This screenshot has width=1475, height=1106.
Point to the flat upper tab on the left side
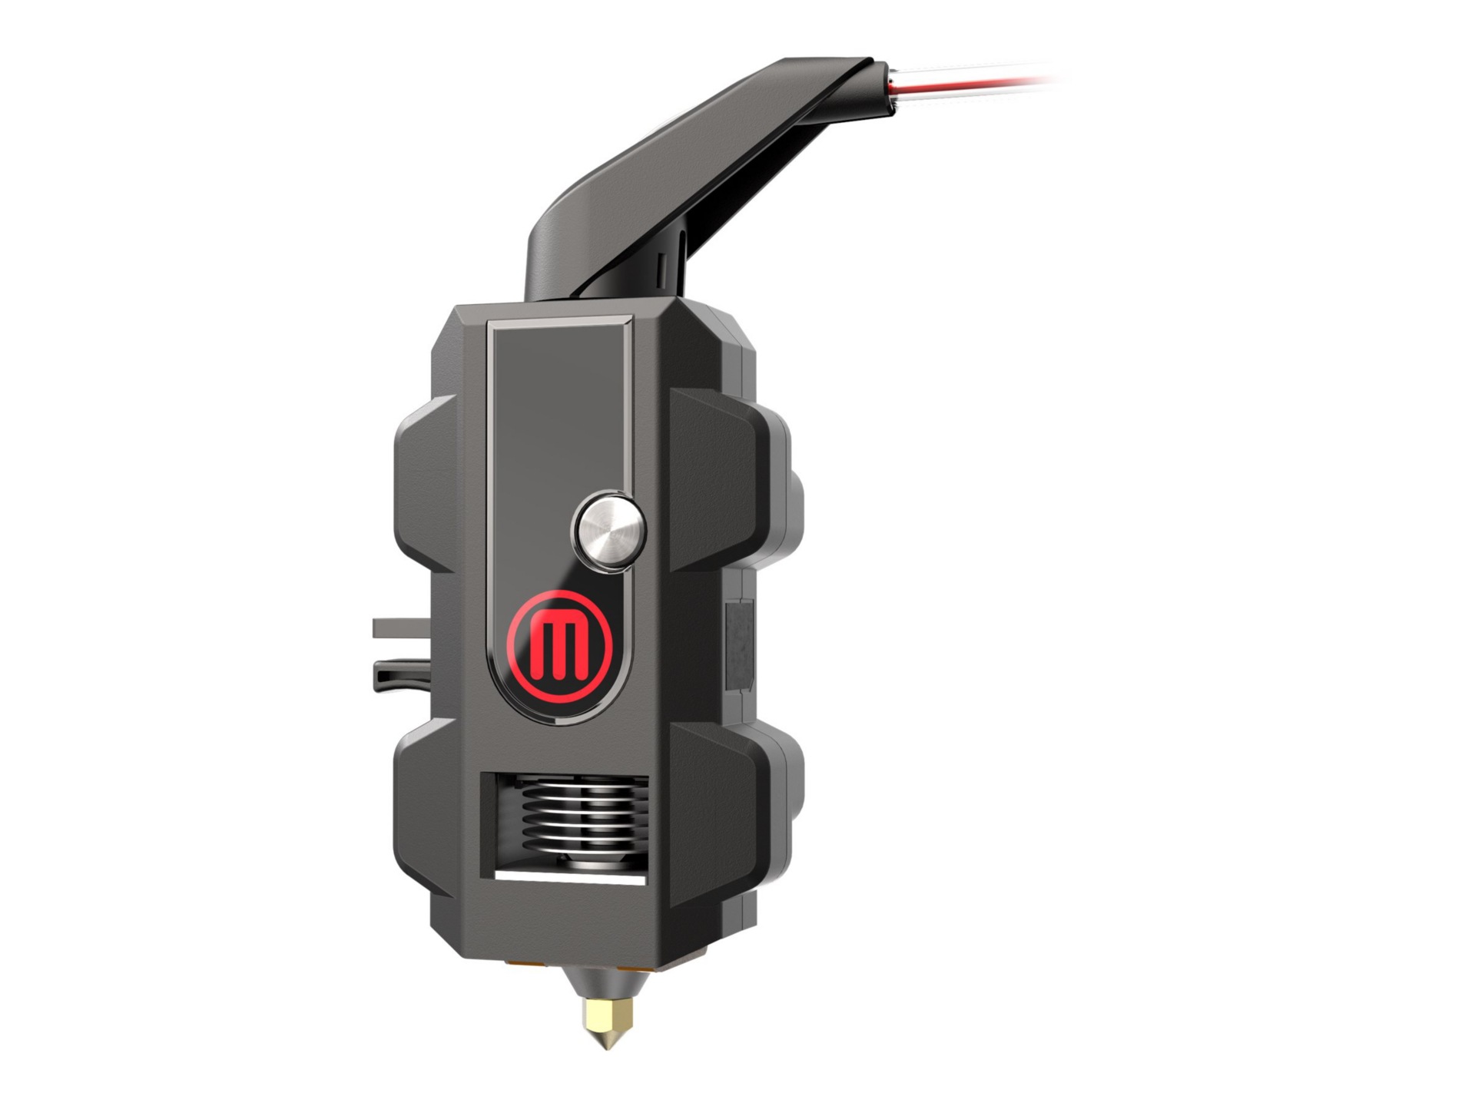click(399, 628)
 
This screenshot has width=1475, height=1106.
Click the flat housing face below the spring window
click(568, 922)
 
